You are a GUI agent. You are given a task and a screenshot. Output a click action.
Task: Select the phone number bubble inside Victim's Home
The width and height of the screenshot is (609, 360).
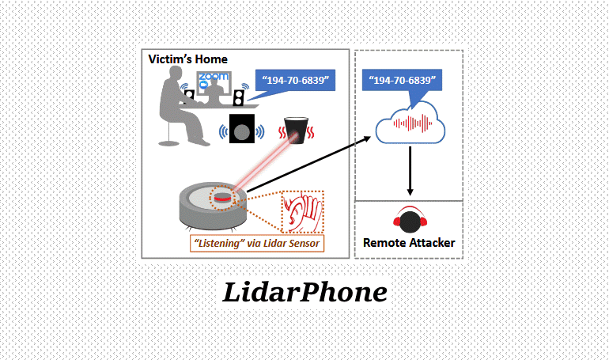[x=294, y=80]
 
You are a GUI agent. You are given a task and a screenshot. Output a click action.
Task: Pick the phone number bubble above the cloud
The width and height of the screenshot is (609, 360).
[x=402, y=81]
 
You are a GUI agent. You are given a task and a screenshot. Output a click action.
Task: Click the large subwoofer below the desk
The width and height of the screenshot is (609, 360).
[x=244, y=129]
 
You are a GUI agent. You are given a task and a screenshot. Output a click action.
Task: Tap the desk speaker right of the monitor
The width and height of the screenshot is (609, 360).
[x=239, y=97]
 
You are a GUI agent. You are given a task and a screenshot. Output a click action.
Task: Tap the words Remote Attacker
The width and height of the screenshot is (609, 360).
[x=409, y=242]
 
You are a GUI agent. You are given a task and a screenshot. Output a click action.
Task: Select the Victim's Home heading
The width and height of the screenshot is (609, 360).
[x=188, y=59]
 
